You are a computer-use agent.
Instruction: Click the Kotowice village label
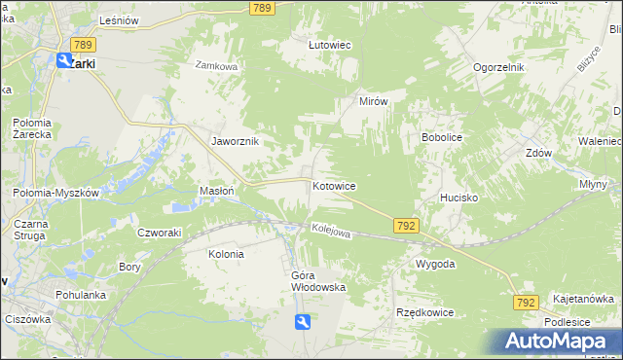click(333, 186)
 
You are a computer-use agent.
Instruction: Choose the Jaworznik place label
click(235, 141)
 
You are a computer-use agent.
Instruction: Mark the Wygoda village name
click(435, 265)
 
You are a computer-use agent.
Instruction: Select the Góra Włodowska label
click(319, 281)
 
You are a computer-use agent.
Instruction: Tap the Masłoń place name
click(216, 192)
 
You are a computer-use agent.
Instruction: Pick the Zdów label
click(539, 154)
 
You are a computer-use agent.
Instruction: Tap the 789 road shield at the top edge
click(260, 8)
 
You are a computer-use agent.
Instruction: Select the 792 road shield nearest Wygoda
click(407, 226)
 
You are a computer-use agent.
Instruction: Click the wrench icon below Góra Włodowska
click(303, 323)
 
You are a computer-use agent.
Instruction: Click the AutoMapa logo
click(559, 341)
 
